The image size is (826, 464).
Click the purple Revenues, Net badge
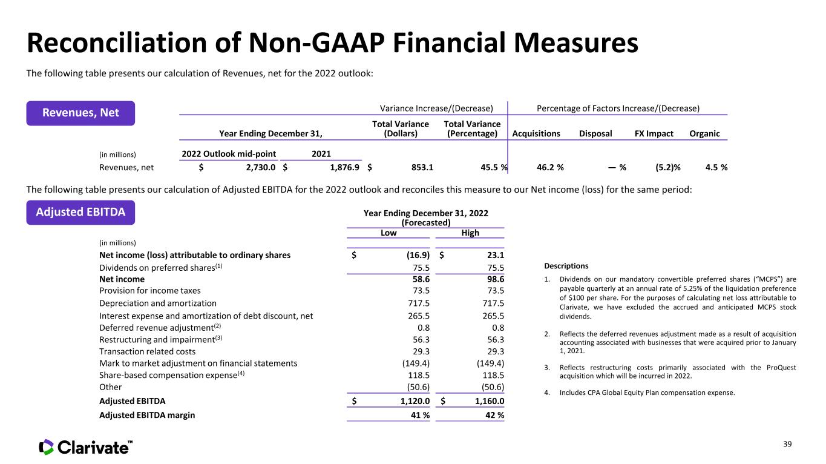pos(80,113)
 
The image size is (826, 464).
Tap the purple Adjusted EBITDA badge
pos(80,212)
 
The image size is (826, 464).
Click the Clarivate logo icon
pos(47,447)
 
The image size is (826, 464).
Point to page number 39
pos(787,444)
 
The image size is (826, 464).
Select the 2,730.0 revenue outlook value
pos(261,168)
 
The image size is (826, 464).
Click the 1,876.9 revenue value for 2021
pos(344,168)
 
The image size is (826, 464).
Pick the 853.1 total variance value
pos(422,168)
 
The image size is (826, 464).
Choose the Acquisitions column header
pos(536,134)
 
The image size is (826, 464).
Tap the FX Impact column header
pos(654,134)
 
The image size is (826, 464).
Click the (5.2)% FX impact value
pos(668,168)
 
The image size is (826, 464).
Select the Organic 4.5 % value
pos(716,168)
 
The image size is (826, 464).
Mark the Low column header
pos(388,233)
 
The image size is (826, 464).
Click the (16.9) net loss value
pos(418,255)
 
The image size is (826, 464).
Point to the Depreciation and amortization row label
pos(158,303)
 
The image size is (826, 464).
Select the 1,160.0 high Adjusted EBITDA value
pos(490,401)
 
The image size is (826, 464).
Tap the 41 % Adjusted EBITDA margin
pos(421,416)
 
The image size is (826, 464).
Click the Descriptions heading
pos(566,266)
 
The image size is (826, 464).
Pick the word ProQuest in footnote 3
pos(781,368)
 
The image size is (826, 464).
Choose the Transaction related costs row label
pos(147,352)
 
